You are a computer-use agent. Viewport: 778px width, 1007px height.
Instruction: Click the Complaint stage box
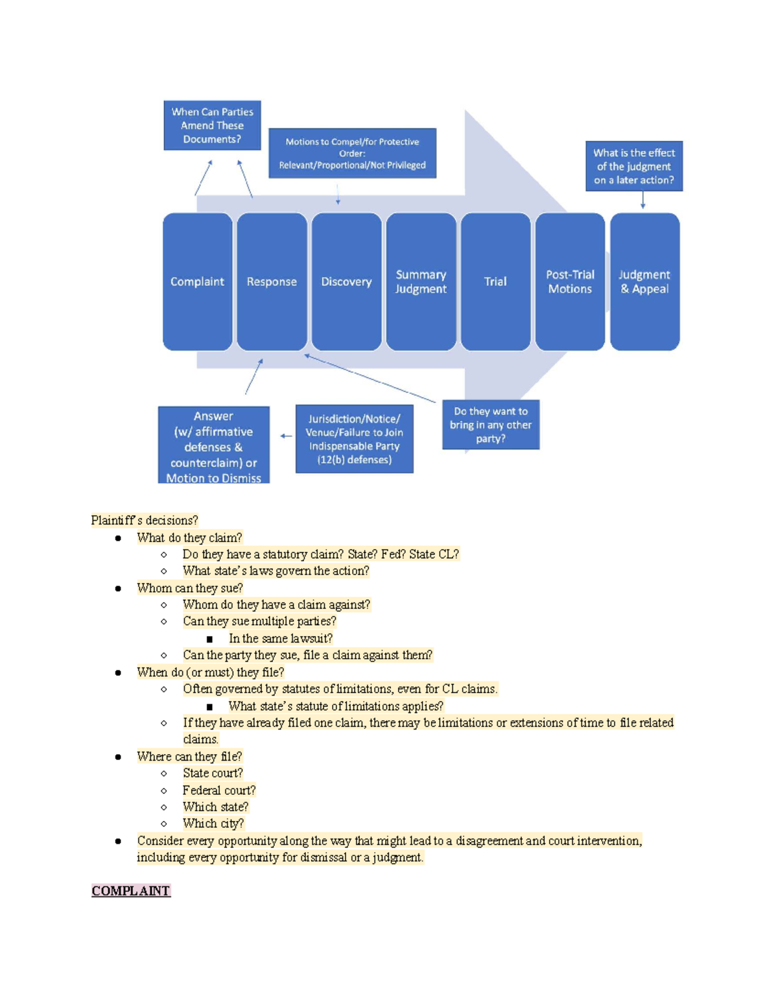point(197,281)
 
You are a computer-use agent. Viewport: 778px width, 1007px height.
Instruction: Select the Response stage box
point(272,281)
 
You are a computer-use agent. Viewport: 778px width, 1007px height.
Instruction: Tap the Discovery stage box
point(346,281)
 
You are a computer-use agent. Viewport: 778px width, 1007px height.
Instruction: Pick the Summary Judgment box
point(421,281)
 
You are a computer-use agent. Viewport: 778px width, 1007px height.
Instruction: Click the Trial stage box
point(495,281)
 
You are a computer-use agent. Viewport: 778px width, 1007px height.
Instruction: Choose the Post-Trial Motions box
point(570,281)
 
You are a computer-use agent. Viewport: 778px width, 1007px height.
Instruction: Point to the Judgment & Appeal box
point(644,281)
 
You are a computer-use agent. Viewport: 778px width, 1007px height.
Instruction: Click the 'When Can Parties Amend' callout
point(212,125)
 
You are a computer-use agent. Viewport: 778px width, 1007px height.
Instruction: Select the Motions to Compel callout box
point(352,153)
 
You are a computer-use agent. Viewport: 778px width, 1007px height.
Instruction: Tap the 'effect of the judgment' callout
point(633,166)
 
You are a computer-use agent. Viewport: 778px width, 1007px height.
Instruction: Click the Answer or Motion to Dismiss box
point(213,446)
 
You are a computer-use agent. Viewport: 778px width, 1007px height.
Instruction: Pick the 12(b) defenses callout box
point(354,439)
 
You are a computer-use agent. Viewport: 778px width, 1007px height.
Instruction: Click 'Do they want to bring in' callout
point(491,425)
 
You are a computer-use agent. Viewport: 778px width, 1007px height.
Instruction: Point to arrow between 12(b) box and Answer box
point(286,436)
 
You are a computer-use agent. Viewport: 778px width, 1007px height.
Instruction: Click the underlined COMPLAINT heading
point(130,891)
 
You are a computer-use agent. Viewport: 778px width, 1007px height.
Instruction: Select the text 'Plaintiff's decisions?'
point(144,520)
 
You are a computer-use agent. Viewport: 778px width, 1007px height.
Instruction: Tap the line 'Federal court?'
point(218,790)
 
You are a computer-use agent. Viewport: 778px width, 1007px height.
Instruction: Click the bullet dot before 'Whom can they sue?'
point(118,588)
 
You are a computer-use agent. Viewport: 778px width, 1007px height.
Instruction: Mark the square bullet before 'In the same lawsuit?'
point(209,639)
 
